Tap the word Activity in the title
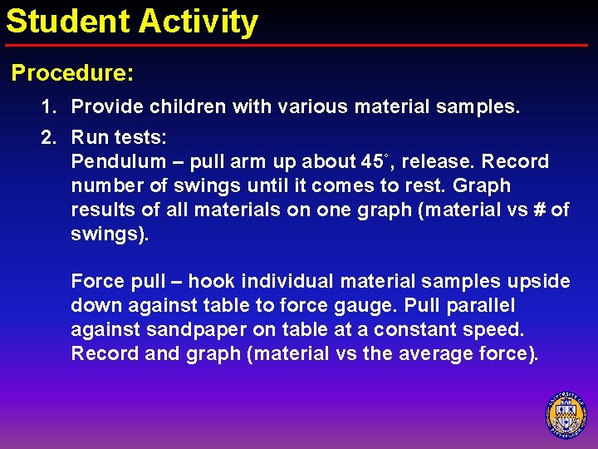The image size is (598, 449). pos(199,22)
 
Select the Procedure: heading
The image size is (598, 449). pos(72,73)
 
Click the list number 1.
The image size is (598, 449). pos(49,107)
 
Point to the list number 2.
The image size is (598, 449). pos(49,136)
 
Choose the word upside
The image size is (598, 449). pos(541,281)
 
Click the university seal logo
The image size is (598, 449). pos(566,415)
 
